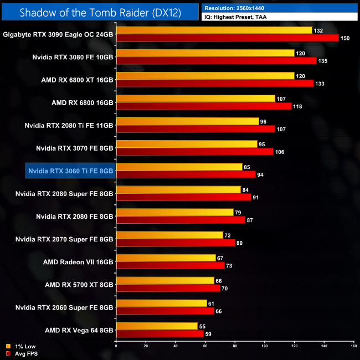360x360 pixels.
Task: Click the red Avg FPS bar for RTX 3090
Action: click(227, 38)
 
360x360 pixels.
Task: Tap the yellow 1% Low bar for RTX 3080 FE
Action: click(205, 53)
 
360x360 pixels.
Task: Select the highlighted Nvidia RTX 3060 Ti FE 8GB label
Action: click(70, 171)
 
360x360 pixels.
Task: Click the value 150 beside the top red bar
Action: click(345, 38)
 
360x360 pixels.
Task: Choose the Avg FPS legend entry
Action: click(23, 353)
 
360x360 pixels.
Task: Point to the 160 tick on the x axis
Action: click(353, 347)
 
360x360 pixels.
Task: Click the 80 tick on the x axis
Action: click(235, 347)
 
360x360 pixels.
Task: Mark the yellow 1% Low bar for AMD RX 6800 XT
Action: click(205, 76)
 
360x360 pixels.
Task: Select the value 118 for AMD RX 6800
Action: click(297, 106)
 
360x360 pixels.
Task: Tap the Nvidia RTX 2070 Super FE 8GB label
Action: click(64, 239)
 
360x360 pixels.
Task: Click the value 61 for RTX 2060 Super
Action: click(213, 303)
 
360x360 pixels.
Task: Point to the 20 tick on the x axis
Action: click(146, 347)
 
